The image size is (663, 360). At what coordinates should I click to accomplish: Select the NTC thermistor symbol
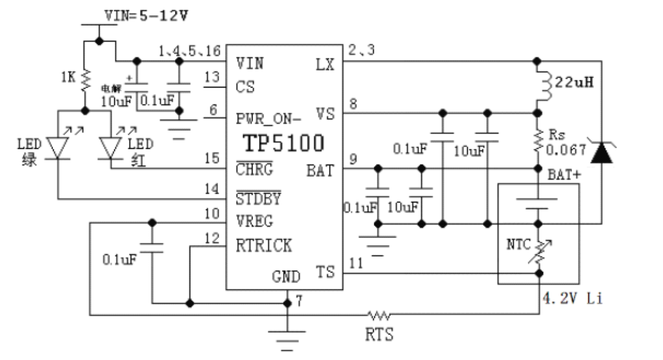click(x=539, y=251)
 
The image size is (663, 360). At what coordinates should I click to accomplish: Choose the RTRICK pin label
click(x=264, y=246)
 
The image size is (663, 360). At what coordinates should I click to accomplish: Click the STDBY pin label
click(x=258, y=198)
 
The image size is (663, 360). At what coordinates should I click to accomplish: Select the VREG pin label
click(x=254, y=222)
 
